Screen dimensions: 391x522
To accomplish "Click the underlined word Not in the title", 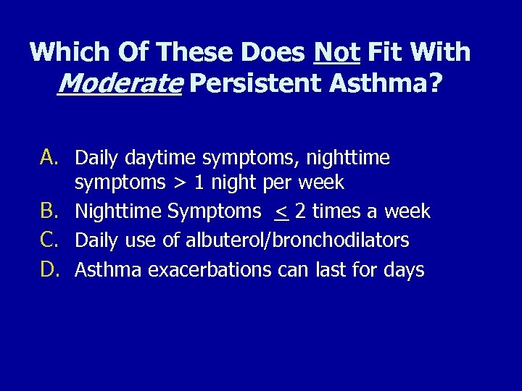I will (337, 52).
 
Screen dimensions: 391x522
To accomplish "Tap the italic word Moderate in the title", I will (119, 84).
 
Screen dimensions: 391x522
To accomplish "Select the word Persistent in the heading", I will (255, 84).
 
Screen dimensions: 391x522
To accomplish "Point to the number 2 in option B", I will (300, 212).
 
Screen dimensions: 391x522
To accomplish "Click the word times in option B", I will (333, 212).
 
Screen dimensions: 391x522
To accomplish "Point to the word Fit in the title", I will (384, 52).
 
